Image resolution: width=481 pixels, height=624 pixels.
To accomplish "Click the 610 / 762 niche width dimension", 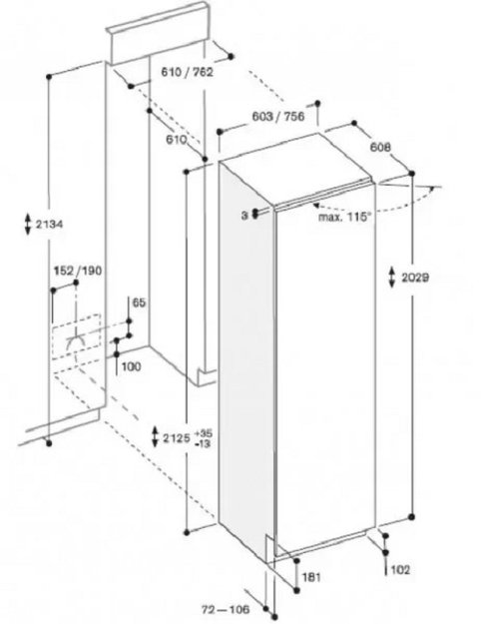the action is pyautogui.click(x=187, y=72).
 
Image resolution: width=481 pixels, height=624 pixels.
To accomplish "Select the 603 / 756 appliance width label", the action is pyautogui.click(x=278, y=116).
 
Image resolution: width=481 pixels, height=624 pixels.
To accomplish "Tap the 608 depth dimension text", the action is pyautogui.click(x=381, y=147).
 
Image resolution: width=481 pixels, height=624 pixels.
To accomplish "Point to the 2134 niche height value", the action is pyautogui.click(x=49, y=224).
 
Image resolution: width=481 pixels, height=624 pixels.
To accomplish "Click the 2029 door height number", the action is pyautogui.click(x=415, y=278).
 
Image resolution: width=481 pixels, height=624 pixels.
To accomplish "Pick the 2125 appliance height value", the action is pyautogui.click(x=177, y=438).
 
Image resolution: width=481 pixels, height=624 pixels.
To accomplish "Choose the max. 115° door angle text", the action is pyautogui.click(x=345, y=218).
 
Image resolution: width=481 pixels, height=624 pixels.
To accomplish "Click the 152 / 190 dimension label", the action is pyautogui.click(x=78, y=271).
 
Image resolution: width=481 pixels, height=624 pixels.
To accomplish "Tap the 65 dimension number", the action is pyautogui.click(x=139, y=303).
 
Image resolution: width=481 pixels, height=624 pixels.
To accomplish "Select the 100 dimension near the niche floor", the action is pyautogui.click(x=131, y=366).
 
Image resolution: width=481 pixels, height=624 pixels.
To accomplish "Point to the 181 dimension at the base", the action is pyautogui.click(x=311, y=577).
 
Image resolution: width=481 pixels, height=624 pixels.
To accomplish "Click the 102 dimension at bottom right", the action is pyautogui.click(x=400, y=570).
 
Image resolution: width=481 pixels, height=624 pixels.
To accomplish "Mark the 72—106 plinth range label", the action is pyautogui.click(x=226, y=609).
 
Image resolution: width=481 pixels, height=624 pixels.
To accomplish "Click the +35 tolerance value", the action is pyautogui.click(x=204, y=433).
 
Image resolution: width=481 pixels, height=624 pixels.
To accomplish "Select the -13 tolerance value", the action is pyautogui.click(x=203, y=443).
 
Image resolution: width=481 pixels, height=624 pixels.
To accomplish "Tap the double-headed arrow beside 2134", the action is pyautogui.click(x=28, y=224).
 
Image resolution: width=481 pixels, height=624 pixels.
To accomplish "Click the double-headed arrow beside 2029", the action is pyautogui.click(x=392, y=278).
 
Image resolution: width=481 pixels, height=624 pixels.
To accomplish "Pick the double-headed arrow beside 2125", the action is pyautogui.click(x=155, y=436).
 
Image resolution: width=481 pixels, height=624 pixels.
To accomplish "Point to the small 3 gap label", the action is pyautogui.click(x=244, y=216).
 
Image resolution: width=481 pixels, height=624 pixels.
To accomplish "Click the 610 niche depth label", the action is pyautogui.click(x=177, y=140).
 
